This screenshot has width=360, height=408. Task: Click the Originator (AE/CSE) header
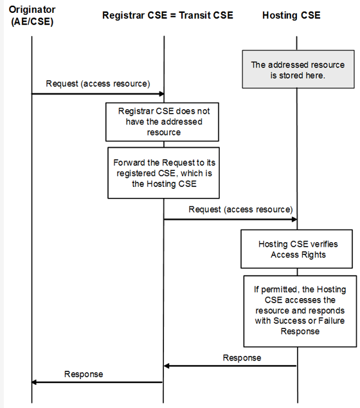click(32, 15)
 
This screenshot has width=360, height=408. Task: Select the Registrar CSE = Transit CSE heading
click(168, 15)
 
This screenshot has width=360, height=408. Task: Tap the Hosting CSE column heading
click(291, 15)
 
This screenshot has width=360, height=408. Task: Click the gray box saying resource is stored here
click(298, 69)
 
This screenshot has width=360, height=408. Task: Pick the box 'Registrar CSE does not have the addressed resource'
click(162, 122)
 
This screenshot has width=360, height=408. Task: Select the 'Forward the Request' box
click(163, 173)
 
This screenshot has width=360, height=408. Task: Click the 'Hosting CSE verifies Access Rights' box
click(297, 249)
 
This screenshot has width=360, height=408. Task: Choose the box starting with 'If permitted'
click(300, 311)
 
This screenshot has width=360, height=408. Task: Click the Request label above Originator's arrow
click(98, 84)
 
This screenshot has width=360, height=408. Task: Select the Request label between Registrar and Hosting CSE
click(240, 209)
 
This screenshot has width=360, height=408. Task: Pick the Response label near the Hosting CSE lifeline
click(242, 358)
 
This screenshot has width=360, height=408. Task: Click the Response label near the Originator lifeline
click(84, 374)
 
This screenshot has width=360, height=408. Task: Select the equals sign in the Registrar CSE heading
click(173, 15)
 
